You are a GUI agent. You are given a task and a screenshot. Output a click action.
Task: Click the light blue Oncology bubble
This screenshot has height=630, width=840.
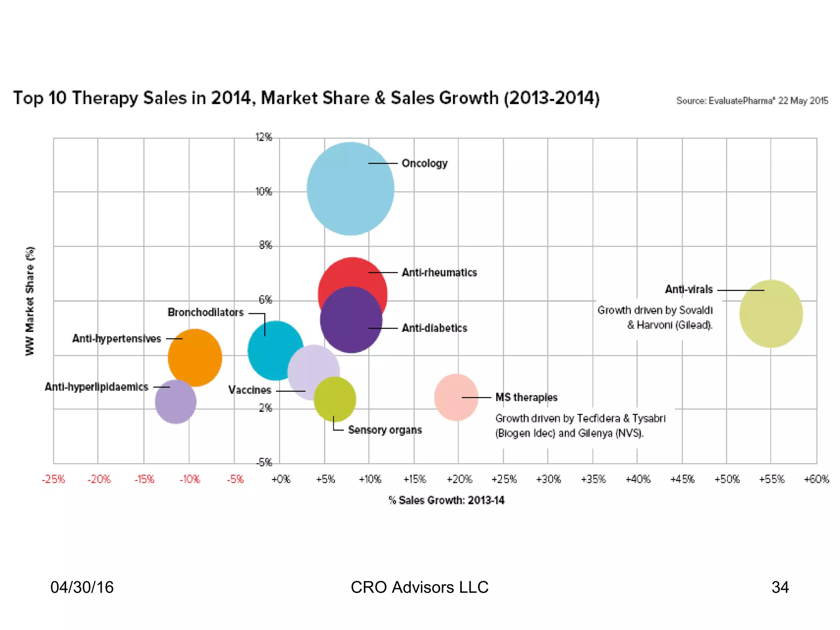tap(350, 189)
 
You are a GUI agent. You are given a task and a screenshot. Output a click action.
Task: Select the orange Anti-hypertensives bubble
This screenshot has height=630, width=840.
tap(195, 358)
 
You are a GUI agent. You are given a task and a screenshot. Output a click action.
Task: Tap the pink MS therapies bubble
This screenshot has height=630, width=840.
tap(456, 397)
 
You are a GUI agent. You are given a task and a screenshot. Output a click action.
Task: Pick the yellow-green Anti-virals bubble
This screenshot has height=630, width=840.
tap(771, 314)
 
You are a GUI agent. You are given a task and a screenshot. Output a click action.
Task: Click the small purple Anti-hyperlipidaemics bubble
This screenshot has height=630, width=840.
tap(176, 402)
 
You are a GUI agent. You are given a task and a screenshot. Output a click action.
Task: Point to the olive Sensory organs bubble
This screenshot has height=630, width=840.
tap(335, 399)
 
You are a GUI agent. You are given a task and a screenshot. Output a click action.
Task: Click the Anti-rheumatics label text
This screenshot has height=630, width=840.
tap(439, 273)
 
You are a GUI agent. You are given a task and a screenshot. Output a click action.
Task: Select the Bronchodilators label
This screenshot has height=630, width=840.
tap(205, 313)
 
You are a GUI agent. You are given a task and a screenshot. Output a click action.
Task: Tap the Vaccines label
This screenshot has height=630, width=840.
tap(249, 390)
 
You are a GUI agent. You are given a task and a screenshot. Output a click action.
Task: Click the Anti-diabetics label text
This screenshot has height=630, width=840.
tap(434, 328)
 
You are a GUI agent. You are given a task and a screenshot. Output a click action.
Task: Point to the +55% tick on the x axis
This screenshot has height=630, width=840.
tap(772, 479)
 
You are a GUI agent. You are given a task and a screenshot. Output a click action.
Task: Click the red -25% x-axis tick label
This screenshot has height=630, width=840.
tap(53, 479)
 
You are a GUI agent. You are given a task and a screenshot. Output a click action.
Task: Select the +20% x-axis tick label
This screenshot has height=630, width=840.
tap(459, 479)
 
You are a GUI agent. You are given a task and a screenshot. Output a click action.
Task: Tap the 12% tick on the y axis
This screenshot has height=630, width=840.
tap(264, 137)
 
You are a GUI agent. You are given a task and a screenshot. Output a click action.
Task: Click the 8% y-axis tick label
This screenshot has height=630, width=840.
tap(265, 245)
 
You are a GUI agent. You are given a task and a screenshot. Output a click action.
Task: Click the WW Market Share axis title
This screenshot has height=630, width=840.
tap(30, 301)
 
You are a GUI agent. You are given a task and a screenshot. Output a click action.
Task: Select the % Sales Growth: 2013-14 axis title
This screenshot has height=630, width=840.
tap(446, 500)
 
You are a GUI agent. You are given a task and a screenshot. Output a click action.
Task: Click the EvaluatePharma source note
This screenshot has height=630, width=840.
tap(752, 101)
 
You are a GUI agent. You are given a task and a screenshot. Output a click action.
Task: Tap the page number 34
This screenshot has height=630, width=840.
tap(780, 587)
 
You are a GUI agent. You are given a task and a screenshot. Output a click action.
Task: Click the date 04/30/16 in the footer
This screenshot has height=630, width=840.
tap(82, 587)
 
